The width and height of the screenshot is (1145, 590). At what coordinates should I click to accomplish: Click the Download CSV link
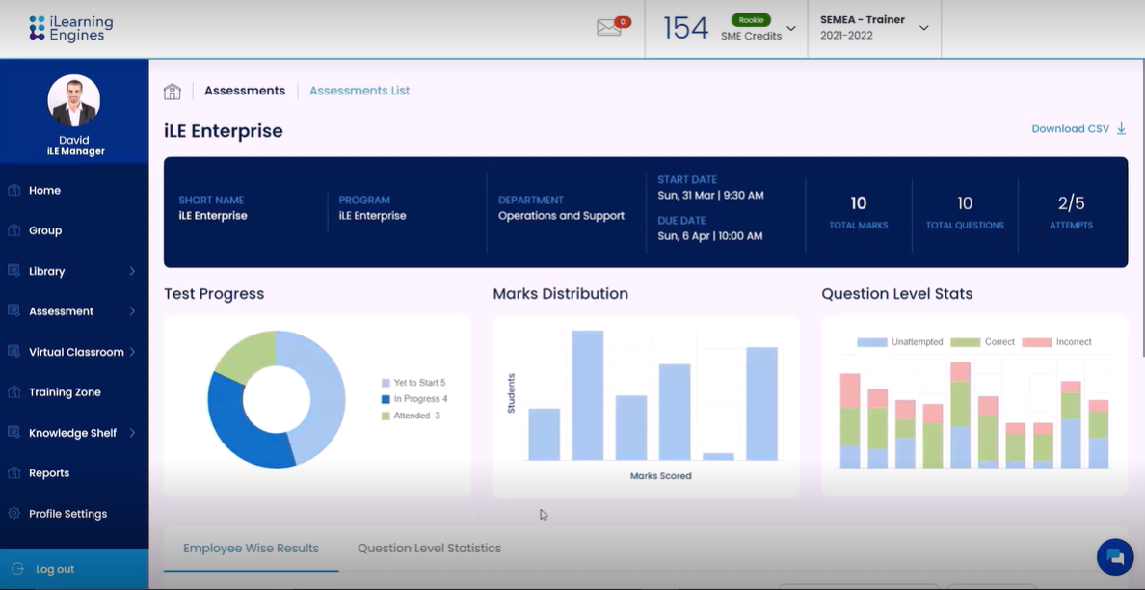click(1078, 129)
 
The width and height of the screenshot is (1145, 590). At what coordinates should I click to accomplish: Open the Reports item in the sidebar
click(49, 473)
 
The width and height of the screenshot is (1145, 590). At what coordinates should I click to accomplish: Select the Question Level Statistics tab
click(429, 549)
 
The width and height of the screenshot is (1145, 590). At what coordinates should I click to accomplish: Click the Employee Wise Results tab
click(251, 549)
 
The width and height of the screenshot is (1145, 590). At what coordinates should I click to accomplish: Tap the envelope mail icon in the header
click(609, 28)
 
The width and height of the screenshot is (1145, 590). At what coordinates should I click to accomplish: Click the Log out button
click(55, 569)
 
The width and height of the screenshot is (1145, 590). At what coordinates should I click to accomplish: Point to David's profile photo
click(74, 100)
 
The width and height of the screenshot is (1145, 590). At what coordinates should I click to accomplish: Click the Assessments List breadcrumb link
click(359, 91)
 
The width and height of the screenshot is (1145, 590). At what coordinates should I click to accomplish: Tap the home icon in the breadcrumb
click(173, 92)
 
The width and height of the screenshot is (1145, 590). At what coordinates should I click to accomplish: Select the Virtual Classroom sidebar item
click(75, 352)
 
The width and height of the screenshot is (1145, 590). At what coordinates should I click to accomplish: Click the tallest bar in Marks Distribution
click(588, 395)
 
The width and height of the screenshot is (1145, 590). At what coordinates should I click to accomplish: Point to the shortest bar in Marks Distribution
click(718, 456)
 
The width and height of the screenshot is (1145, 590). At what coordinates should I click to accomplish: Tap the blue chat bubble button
click(1115, 556)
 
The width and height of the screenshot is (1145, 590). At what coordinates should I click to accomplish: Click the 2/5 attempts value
click(1071, 203)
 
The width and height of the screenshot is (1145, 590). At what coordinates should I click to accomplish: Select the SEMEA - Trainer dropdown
click(873, 28)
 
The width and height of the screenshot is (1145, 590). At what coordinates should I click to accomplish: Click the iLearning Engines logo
click(71, 28)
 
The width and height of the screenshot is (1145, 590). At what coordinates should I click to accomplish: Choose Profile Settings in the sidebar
click(67, 514)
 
